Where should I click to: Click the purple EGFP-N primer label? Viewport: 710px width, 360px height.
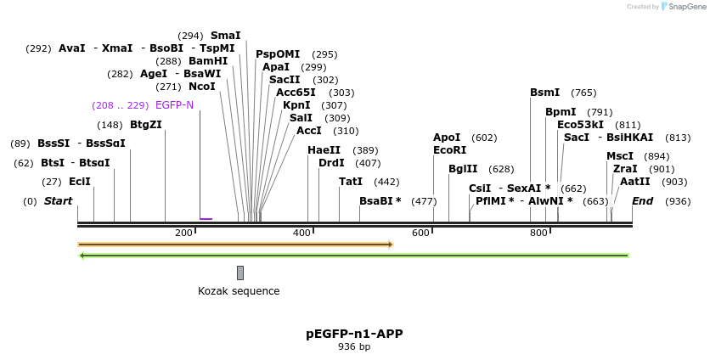point(174,105)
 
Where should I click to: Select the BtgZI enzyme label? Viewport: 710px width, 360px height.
point(145,125)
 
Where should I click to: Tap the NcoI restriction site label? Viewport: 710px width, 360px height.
point(201,87)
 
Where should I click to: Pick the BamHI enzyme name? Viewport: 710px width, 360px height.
point(208,61)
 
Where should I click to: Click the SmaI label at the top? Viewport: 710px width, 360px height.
point(225,36)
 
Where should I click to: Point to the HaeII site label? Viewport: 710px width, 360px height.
point(324,150)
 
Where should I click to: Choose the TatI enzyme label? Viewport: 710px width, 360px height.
point(351,182)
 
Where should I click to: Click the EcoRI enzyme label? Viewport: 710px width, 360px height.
point(449,150)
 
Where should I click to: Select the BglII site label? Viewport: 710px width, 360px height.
point(463,169)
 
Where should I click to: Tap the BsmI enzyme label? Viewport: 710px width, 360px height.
point(544,93)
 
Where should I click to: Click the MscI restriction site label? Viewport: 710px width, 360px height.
point(619,156)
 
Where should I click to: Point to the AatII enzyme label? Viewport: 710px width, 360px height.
point(634,182)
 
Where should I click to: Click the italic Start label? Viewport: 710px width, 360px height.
point(58,201)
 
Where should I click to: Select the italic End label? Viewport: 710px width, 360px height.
point(642,201)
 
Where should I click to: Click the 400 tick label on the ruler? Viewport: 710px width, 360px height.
point(301,233)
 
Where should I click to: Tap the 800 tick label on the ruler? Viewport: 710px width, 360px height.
point(538,233)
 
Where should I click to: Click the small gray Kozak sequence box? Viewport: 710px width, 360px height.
point(240,273)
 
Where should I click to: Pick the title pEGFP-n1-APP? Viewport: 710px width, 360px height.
point(354,334)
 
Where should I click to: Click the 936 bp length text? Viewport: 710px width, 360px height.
point(354,347)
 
